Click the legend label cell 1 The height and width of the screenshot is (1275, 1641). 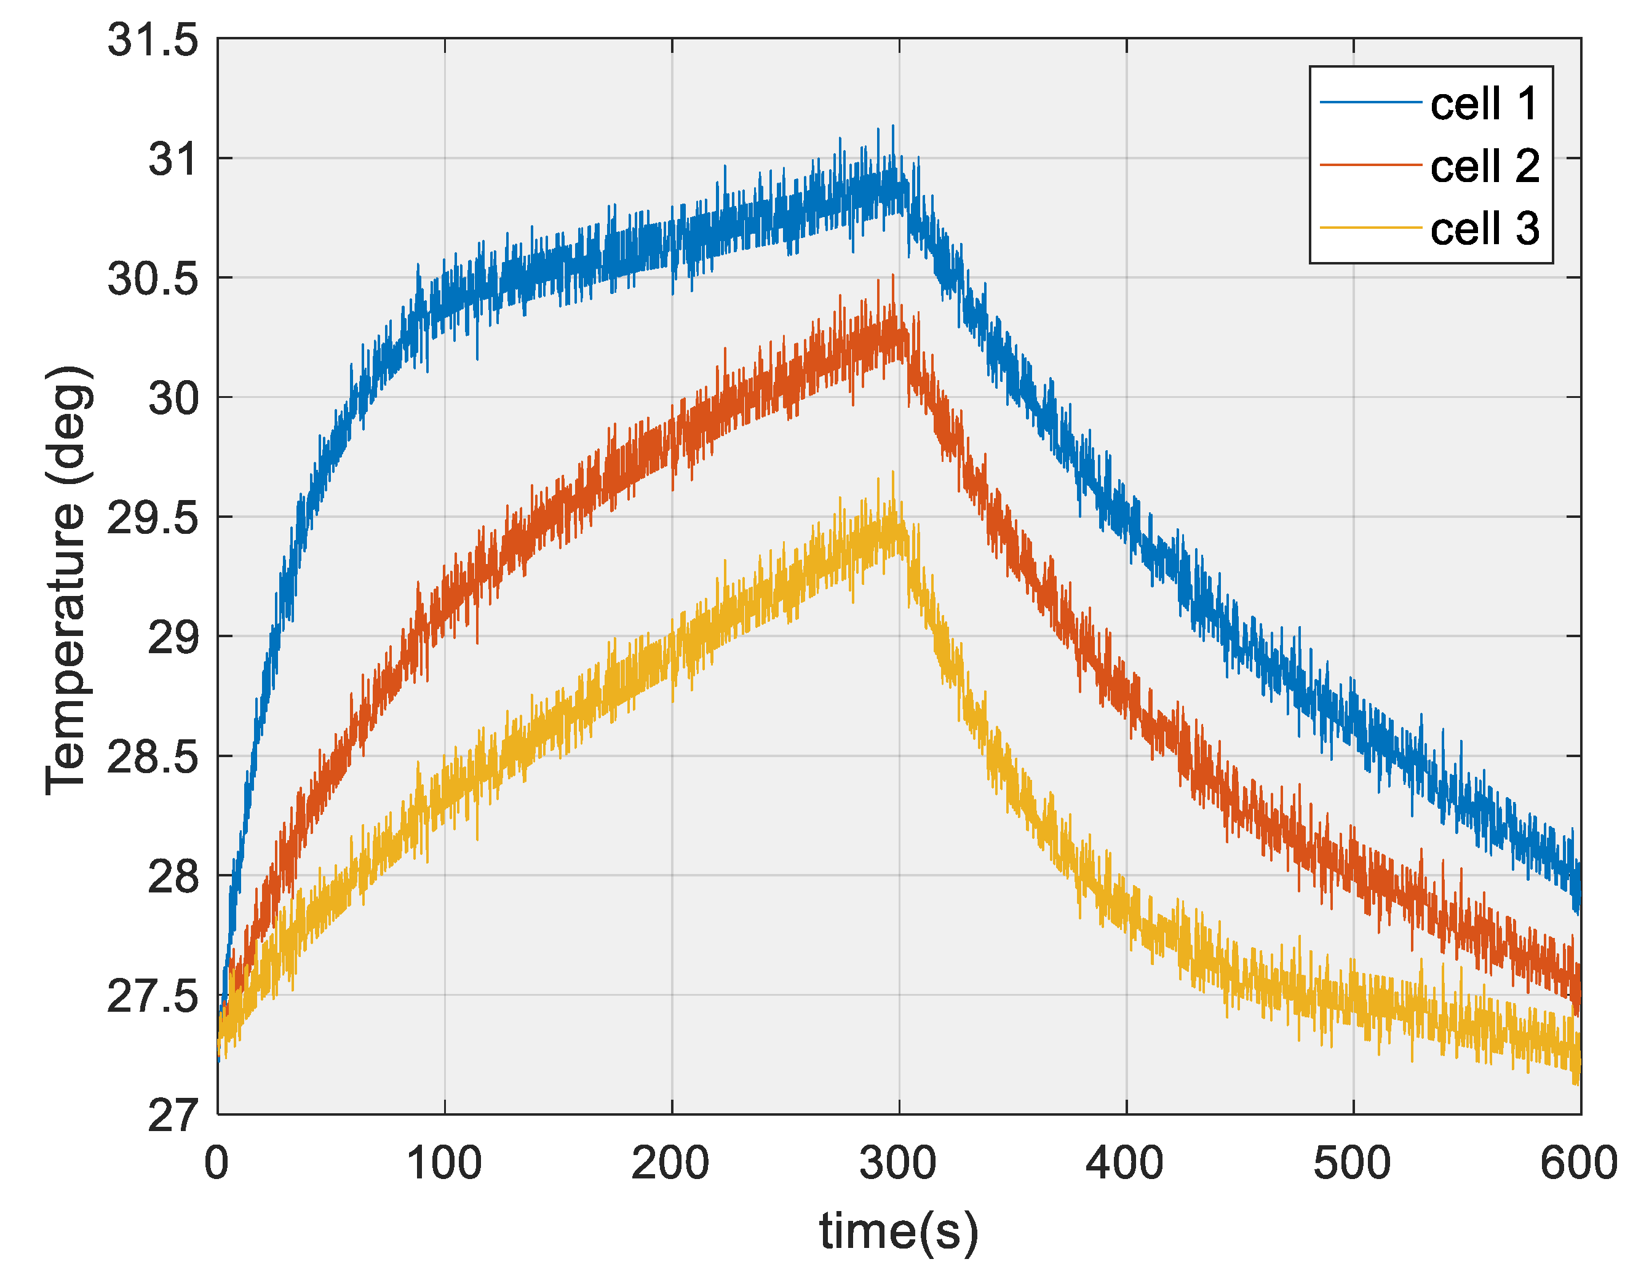click(1484, 104)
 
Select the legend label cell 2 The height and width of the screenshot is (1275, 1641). click(1484, 166)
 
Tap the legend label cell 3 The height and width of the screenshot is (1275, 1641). click(1484, 228)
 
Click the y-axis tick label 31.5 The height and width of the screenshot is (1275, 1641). click(153, 40)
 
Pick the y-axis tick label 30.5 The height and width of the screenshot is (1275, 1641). click(153, 279)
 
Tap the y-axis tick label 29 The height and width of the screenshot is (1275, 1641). click(173, 638)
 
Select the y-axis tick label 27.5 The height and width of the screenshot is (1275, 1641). click(153, 997)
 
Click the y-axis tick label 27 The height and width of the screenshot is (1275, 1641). click(173, 1116)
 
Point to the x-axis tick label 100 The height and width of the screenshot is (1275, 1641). click(444, 1164)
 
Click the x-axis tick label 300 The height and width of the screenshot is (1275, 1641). click(899, 1164)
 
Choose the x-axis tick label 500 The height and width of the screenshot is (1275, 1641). click(1353, 1164)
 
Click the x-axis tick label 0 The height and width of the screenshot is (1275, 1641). click(217, 1164)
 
